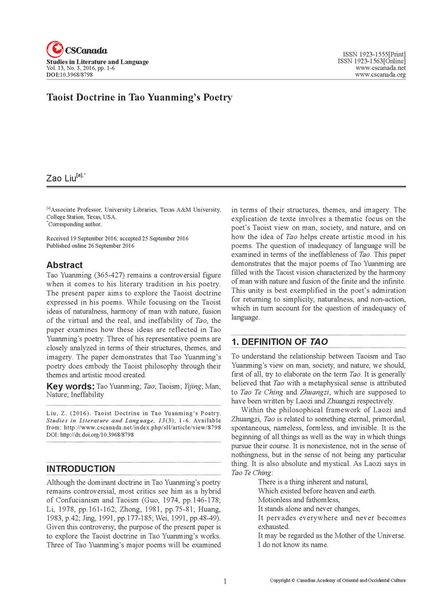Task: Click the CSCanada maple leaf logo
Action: click(55, 49)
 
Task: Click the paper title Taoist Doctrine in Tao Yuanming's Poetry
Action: click(139, 98)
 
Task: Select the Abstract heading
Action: click(64, 265)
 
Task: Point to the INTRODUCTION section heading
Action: click(80, 469)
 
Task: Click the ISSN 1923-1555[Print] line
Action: click(374, 55)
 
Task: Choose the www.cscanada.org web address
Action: click(380, 75)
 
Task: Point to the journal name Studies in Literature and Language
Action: click(97, 62)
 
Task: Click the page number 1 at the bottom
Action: click(225, 581)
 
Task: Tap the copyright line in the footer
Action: click(338, 581)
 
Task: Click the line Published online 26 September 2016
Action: click(90, 246)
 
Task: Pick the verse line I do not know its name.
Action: click(293, 545)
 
